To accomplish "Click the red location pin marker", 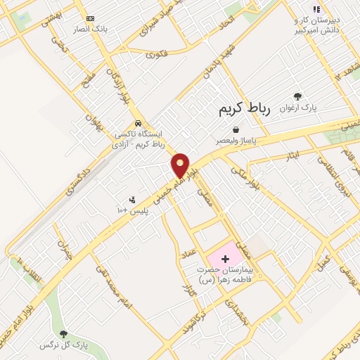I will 181,166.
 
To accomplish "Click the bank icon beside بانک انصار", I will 89,18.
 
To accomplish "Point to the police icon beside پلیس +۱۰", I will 131,200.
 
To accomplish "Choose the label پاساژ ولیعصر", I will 236,141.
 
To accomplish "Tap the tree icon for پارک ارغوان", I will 298,96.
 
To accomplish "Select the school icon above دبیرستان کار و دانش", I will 316,9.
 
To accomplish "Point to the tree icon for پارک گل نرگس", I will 63,334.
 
